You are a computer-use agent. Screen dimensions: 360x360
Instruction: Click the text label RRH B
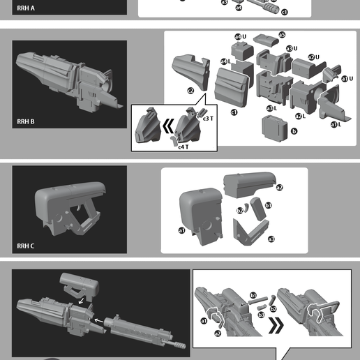(x=25, y=122)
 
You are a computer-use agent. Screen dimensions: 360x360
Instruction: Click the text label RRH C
(x=25, y=246)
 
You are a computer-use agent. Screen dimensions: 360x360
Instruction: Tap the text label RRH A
(x=25, y=8)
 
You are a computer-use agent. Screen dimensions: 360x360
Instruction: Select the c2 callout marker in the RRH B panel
(x=190, y=91)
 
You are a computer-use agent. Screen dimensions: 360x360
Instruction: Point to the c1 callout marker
(x=234, y=112)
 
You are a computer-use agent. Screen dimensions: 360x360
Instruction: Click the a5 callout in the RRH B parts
(x=282, y=34)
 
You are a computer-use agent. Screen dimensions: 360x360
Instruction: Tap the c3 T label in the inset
(x=208, y=119)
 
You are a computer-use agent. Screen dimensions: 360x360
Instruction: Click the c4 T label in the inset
(x=183, y=147)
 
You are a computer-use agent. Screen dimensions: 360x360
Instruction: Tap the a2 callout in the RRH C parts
(x=280, y=187)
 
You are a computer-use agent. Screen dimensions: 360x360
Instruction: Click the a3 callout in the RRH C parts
(x=271, y=239)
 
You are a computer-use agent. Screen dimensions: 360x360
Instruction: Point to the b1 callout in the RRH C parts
(x=268, y=205)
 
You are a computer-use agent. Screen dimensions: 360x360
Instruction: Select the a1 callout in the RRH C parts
(x=182, y=230)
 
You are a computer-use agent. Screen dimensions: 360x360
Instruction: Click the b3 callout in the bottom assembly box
(x=260, y=315)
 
